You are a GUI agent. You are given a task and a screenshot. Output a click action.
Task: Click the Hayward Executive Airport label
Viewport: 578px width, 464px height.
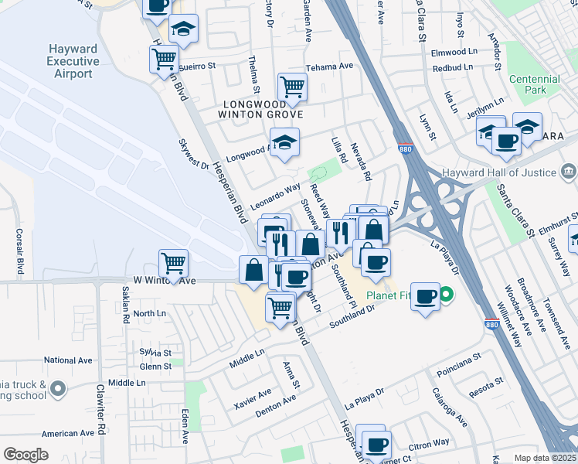pos(73,61)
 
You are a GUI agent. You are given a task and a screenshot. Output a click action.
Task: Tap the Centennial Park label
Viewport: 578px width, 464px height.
pos(535,85)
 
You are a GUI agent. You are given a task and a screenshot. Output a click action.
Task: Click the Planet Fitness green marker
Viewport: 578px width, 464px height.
pos(447,295)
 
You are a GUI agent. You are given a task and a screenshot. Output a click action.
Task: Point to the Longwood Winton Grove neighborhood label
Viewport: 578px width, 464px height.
pos(262,109)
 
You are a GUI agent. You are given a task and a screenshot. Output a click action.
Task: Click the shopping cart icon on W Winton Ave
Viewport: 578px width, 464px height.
pos(173,263)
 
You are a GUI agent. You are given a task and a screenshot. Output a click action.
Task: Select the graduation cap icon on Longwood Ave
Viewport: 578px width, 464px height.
pos(284,142)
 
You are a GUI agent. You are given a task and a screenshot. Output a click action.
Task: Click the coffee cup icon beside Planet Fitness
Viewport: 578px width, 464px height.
pos(424,296)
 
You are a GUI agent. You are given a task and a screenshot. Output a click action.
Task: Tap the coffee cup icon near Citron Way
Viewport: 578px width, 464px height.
pos(376,445)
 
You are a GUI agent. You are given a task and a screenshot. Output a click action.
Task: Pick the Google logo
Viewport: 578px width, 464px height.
pos(25,455)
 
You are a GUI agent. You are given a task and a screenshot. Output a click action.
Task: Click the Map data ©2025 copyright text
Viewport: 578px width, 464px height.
pos(546,458)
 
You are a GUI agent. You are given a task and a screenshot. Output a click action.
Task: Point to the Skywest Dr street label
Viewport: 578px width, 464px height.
pos(194,153)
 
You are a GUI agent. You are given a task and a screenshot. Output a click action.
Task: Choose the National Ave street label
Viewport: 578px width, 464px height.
pos(68,360)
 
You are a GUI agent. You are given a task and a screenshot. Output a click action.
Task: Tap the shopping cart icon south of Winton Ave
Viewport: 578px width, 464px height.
pos(280,307)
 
